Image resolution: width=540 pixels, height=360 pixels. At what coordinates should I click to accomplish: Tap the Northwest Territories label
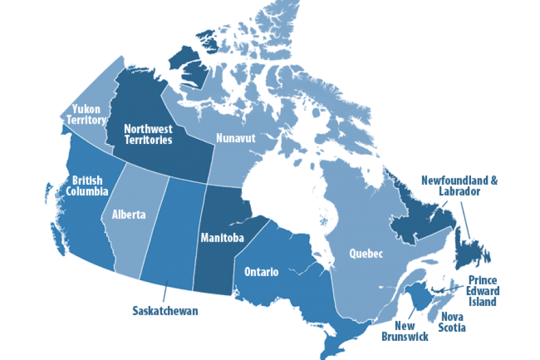click(x=148, y=134)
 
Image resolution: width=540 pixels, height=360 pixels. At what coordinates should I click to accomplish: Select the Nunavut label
click(x=235, y=138)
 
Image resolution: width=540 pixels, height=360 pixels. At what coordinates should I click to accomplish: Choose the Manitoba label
click(x=222, y=238)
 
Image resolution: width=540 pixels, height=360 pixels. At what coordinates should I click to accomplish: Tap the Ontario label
click(x=261, y=272)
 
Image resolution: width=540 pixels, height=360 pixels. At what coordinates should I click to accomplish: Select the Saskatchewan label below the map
click(x=165, y=311)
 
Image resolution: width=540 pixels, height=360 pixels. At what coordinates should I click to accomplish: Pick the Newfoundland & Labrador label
click(x=460, y=185)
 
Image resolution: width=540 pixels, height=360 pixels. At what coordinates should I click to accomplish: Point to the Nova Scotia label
click(x=452, y=322)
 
